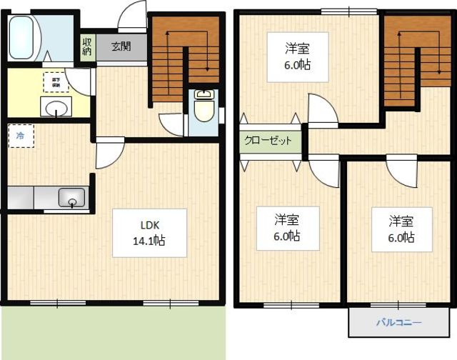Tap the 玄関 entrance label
tap(121, 47)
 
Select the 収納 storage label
tap(87, 47)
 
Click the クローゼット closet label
tap(268, 141)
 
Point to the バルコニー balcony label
tap(398, 323)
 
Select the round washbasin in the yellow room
tap(56, 108)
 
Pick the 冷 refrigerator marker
tap(20, 134)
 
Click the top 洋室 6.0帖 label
tap(297, 56)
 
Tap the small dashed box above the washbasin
tap(51, 82)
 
